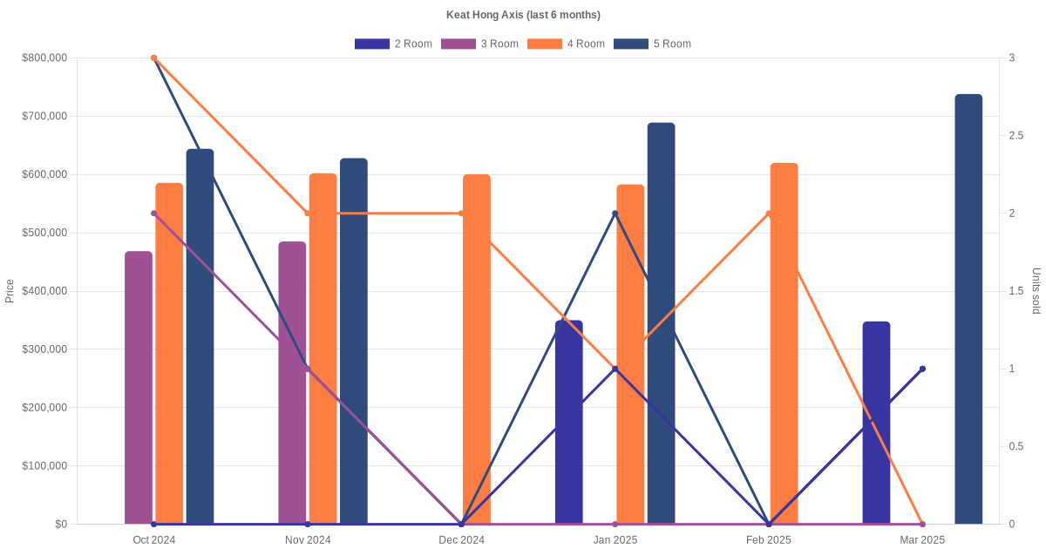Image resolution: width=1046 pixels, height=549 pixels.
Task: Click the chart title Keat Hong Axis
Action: coord(523,15)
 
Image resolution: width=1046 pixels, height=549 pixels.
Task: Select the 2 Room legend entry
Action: coord(393,44)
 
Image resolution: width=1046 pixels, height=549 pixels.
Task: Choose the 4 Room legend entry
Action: coord(566,44)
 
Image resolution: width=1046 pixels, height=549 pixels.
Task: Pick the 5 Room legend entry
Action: coord(652,44)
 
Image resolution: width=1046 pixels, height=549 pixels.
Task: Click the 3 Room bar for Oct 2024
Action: coord(139,388)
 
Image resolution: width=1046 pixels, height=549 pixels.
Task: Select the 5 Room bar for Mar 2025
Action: coord(968,309)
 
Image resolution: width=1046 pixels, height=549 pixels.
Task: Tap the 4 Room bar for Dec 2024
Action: coord(477,349)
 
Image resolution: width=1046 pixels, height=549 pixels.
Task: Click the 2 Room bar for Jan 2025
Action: coord(569,423)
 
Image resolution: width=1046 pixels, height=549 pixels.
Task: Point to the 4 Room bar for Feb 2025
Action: coord(784,343)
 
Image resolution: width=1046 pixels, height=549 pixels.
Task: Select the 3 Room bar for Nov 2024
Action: coord(292,383)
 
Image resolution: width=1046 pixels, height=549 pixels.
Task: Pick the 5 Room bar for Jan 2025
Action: coord(661,323)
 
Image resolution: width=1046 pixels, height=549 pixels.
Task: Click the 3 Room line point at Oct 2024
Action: coord(154,213)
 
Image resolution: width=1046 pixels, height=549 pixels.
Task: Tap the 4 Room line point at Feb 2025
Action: coord(769,213)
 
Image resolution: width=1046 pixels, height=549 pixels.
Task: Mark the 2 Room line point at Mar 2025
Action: coord(922,369)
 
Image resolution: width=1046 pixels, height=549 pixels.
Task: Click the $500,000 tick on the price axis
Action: coord(44,233)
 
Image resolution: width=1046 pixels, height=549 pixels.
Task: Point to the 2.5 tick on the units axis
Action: coord(1017,136)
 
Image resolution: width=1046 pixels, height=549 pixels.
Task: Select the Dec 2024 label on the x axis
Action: coord(462,540)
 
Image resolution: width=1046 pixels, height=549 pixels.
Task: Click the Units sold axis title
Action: coord(1036,291)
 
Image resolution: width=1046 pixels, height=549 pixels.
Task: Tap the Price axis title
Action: coord(10,291)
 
